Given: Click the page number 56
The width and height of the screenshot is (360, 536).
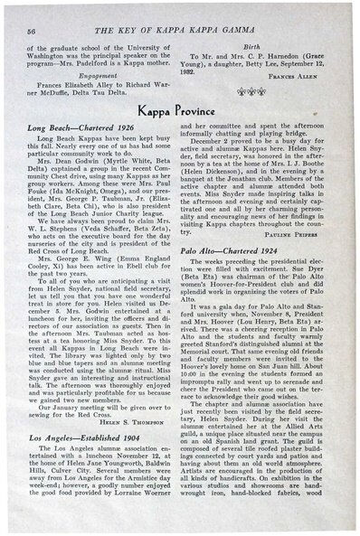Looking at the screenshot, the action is pos(32,18).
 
